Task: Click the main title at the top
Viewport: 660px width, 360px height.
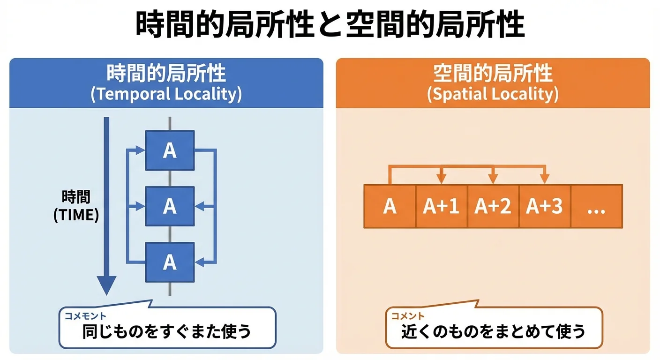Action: click(x=330, y=24)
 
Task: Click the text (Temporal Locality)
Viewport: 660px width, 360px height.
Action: click(x=166, y=94)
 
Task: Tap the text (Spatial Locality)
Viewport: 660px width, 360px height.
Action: click(x=493, y=94)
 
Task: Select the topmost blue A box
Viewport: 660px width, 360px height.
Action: click(x=170, y=150)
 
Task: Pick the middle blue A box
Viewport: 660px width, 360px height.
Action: click(x=170, y=206)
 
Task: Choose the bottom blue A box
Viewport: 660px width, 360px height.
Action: click(x=170, y=262)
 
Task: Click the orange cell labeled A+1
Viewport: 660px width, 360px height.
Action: click(x=441, y=206)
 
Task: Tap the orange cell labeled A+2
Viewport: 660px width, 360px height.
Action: click(x=493, y=206)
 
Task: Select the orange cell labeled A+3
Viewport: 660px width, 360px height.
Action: click(x=544, y=206)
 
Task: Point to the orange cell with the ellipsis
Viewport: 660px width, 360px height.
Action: click(x=596, y=206)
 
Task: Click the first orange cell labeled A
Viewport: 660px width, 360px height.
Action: click(x=390, y=206)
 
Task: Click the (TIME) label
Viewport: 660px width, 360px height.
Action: click(x=76, y=215)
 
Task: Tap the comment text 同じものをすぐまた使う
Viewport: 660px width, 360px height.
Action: click(x=167, y=332)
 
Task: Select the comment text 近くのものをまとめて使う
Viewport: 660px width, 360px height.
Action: click(x=494, y=332)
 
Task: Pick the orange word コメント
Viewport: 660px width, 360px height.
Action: click(x=408, y=316)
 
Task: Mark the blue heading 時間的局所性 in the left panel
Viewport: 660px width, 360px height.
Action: click(x=166, y=74)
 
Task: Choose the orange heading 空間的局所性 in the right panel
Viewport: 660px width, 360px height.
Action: click(x=493, y=74)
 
